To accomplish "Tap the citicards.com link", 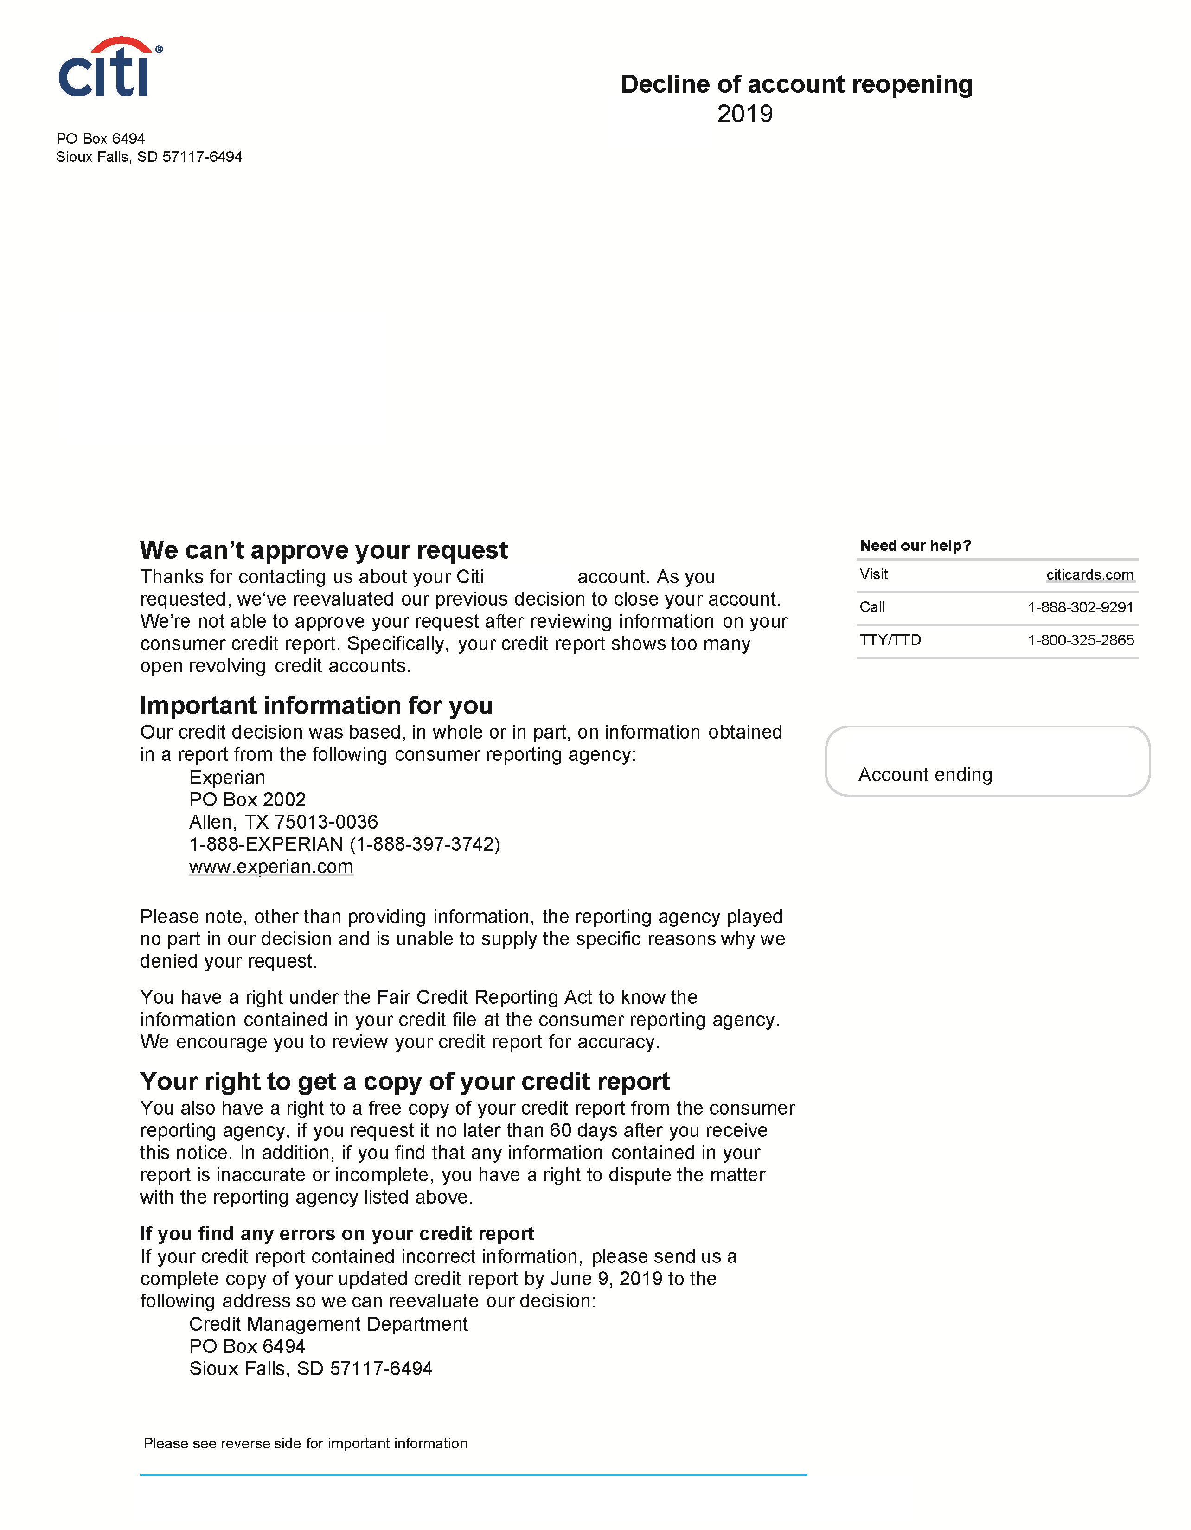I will click(1089, 574).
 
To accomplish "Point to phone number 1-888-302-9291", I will click(1080, 607).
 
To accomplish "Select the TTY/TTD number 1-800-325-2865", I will click(1080, 640).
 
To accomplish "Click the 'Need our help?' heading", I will click(915, 546).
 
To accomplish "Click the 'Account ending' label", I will click(925, 775).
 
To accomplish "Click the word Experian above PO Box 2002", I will click(227, 778).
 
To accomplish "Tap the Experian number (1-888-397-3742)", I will click(424, 844).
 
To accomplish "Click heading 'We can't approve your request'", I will click(324, 551).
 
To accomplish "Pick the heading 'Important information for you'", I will click(316, 706).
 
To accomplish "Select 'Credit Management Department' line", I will click(328, 1324).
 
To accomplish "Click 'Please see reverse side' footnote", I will click(306, 1443).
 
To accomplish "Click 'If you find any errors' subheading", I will click(336, 1234).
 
